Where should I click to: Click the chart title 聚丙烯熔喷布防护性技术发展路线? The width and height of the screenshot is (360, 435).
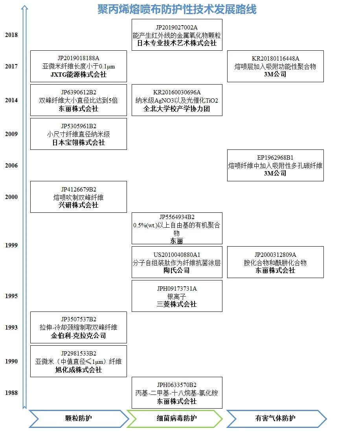177,9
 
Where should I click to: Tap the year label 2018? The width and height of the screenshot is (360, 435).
11,35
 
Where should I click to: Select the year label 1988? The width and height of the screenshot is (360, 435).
11,393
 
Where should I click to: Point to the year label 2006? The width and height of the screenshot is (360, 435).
11,166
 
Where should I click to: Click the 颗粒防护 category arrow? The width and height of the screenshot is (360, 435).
78,418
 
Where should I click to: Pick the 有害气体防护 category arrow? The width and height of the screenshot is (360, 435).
275,418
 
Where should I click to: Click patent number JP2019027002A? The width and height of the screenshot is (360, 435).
177,27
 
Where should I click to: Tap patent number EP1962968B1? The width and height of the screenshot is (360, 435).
275,158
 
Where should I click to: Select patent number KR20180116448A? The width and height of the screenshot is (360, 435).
275,59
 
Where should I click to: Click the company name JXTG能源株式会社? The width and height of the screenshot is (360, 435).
79,74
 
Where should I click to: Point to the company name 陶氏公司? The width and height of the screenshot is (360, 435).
177,271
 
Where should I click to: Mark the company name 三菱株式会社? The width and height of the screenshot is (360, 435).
177,304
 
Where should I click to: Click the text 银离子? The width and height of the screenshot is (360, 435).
177,297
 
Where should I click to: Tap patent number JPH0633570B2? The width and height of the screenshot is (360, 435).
177,385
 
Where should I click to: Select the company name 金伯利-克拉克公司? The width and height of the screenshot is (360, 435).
79,336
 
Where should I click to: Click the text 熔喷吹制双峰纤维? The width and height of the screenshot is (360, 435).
79,197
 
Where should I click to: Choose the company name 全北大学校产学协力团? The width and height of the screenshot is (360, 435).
177,109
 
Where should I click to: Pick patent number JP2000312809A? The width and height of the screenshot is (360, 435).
275,254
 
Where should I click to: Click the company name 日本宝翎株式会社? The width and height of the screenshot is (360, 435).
79,142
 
